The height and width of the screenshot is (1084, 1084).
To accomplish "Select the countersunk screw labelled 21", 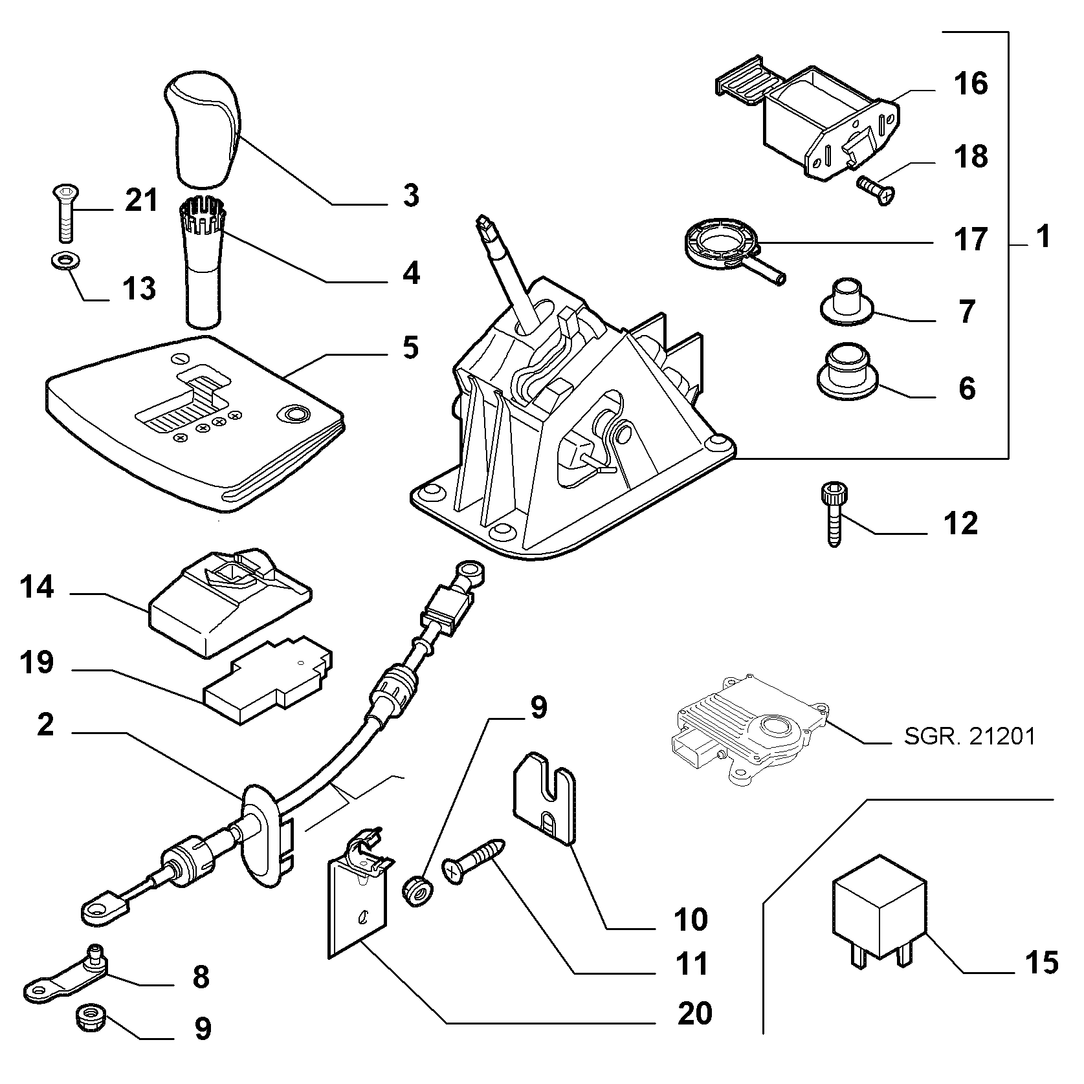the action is [x=63, y=210].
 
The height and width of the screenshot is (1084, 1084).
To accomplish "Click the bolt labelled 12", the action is [x=833, y=514].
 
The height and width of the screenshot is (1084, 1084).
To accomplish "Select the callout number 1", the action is [x=1043, y=237].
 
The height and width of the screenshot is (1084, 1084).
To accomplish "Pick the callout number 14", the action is [x=36, y=589].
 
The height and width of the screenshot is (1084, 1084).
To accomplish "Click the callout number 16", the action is [x=971, y=84].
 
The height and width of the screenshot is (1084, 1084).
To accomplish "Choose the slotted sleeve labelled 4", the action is [x=202, y=264].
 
